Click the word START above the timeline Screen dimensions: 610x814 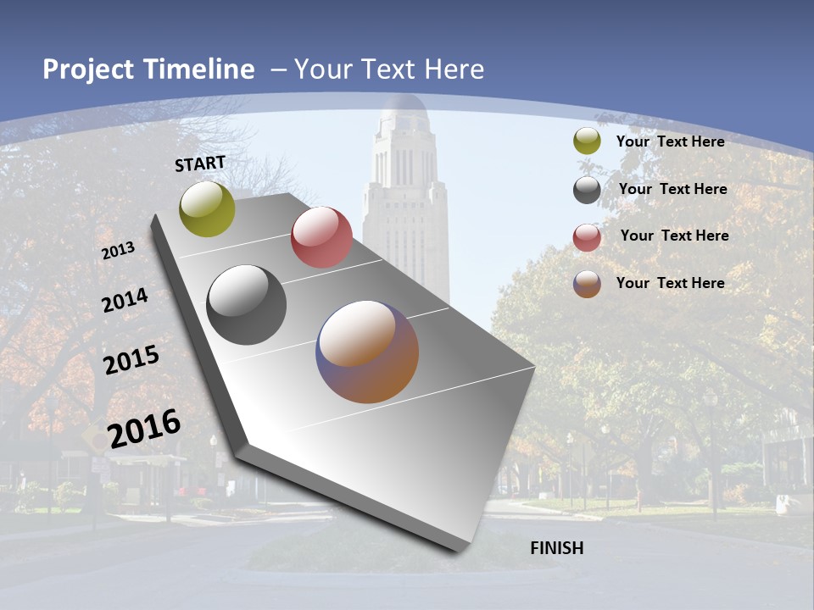[x=200, y=164]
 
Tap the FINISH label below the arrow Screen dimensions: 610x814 [x=556, y=548]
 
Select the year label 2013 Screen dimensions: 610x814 [x=118, y=251]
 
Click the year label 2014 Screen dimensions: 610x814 [x=125, y=301]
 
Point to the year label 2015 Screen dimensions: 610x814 [x=131, y=360]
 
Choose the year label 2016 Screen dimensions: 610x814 [x=144, y=429]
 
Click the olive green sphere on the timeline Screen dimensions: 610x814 [x=207, y=208]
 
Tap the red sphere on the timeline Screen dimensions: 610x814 [x=321, y=236]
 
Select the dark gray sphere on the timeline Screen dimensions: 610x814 [x=246, y=304]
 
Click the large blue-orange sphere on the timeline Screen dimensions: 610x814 [x=367, y=352]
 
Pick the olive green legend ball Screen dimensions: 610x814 [x=587, y=141]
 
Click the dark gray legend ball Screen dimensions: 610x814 [x=587, y=190]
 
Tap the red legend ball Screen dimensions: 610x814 [x=587, y=237]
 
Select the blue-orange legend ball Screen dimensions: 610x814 [x=587, y=284]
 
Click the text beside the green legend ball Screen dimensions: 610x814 [x=670, y=141]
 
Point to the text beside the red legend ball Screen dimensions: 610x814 [x=674, y=236]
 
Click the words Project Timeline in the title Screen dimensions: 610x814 [x=148, y=69]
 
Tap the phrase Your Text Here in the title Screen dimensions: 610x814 [x=389, y=69]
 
